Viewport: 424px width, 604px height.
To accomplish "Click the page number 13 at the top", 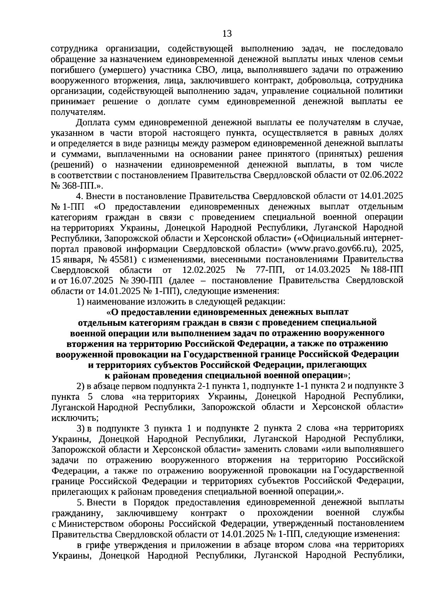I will (x=227, y=34).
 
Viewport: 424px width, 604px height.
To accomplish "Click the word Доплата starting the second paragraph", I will (x=93, y=123).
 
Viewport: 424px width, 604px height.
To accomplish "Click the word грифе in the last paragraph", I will (x=97, y=545).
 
